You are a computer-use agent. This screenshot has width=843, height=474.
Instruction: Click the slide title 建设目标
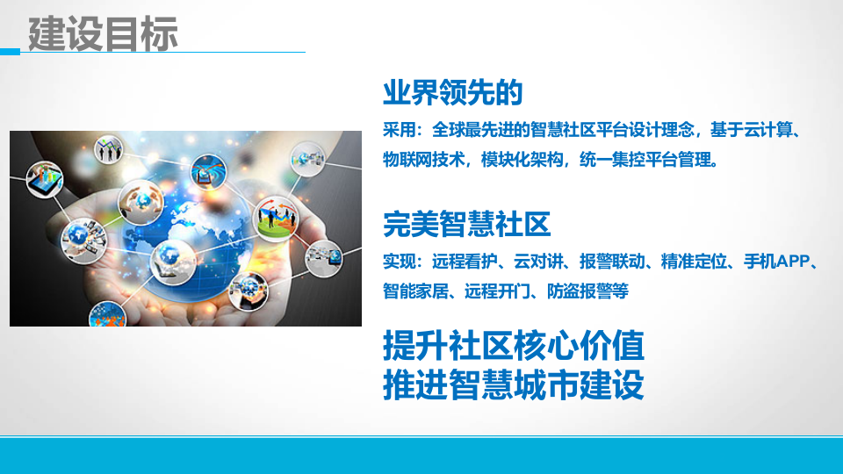click(x=104, y=33)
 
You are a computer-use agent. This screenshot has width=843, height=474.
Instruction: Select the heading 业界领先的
click(x=453, y=92)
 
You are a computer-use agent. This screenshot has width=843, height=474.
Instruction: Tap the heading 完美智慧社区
click(x=467, y=225)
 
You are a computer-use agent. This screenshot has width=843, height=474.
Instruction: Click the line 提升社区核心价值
click(x=514, y=346)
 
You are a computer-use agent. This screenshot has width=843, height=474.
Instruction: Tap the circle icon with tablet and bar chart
click(x=45, y=181)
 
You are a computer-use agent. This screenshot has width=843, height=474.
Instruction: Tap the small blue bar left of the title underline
click(x=10, y=52)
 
